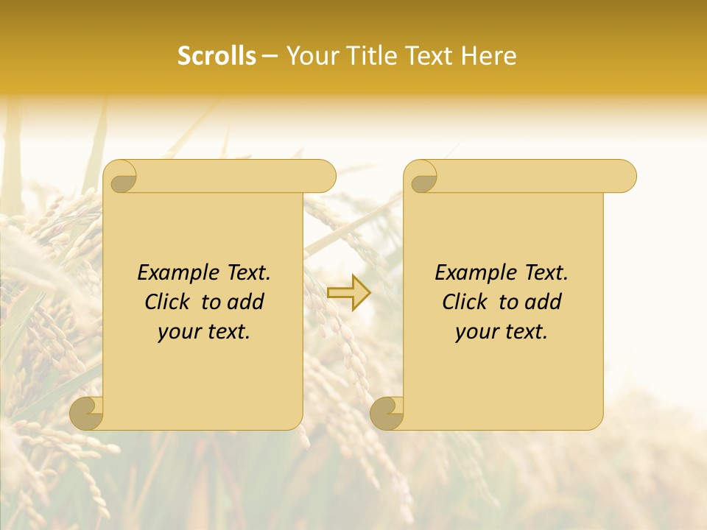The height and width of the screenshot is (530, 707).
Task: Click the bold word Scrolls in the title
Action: tap(217, 56)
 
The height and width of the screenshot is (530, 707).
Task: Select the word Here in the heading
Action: tap(489, 56)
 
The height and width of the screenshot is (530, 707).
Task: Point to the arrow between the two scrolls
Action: tap(348, 292)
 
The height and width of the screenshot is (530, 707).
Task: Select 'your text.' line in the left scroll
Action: tap(204, 331)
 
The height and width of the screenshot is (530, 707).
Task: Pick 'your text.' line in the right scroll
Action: tap(502, 331)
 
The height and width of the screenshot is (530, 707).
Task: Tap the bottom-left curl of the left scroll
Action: tap(87, 412)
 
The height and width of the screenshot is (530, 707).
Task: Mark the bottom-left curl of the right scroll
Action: tap(387, 412)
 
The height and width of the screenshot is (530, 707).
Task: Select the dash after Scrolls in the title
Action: tap(270, 56)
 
